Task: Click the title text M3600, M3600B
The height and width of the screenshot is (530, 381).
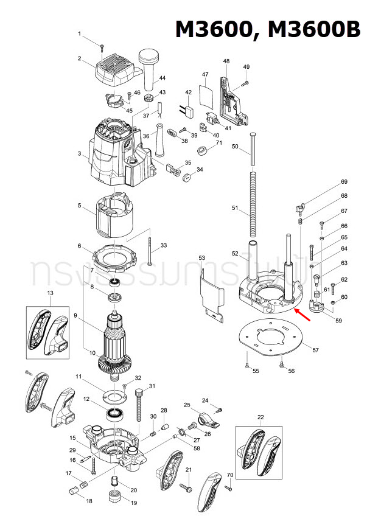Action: tap(268, 29)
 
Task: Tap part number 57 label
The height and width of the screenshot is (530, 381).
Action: tap(315, 350)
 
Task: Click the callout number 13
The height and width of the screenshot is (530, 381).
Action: tap(50, 293)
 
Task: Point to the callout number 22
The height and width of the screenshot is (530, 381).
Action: tap(260, 417)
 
